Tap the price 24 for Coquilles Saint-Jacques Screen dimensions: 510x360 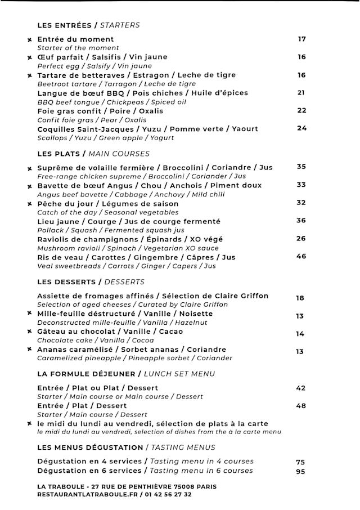coord(302,128)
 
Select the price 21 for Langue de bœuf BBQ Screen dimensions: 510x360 coord(301,93)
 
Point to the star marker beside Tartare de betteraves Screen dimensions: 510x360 coord(29,75)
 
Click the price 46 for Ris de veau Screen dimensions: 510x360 coord(301,257)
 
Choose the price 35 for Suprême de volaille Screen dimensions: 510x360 coord(301,167)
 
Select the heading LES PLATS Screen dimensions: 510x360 coord(58,154)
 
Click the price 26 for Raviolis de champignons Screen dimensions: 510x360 coord(301,239)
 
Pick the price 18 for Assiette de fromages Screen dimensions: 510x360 coord(300,298)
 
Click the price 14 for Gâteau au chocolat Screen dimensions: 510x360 coord(300,334)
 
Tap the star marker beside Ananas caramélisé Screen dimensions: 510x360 coord(29,350)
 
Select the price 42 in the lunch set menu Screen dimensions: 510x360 coord(301,388)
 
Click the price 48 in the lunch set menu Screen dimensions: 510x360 coord(301,406)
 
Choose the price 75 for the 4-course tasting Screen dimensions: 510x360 coord(300,462)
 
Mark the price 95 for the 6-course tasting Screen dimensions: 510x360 coord(300,472)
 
